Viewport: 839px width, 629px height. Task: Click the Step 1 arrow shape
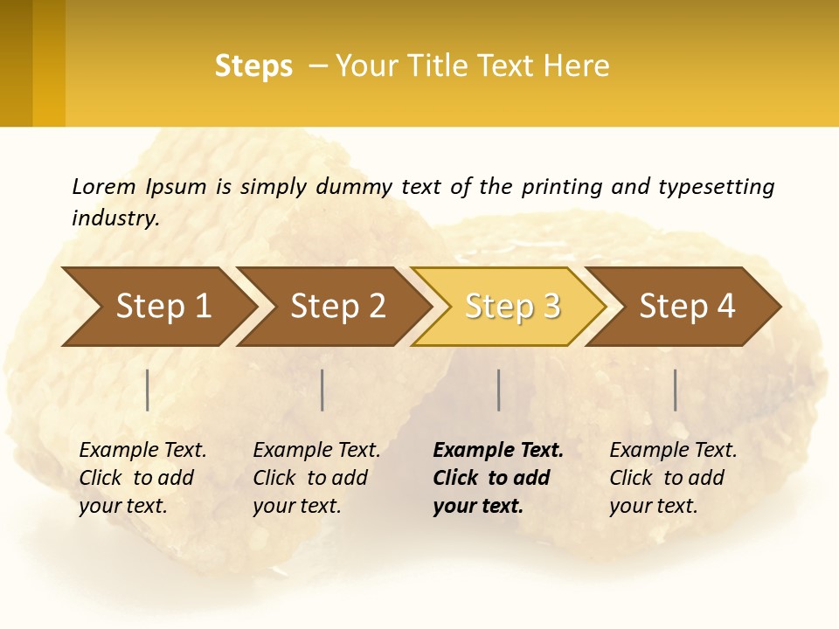[x=163, y=306]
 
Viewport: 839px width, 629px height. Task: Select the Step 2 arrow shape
[x=337, y=306]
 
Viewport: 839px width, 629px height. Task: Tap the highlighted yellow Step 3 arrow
[x=512, y=306]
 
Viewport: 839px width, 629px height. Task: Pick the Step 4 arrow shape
[x=687, y=306]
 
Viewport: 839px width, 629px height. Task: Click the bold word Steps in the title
[x=253, y=66]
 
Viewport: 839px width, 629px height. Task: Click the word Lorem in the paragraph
[x=104, y=186]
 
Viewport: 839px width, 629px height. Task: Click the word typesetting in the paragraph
[x=716, y=186]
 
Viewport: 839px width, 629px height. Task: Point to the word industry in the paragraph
[x=115, y=218]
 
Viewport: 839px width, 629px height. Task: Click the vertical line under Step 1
[x=148, y=390]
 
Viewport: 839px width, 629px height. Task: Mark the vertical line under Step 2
[x=322, y=390]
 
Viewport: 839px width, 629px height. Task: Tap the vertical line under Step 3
[x=498, y=390]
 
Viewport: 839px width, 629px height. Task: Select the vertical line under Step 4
[x=675, y=390]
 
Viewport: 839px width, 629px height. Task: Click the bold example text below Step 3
[x=497, y=478]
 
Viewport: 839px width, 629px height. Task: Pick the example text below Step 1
[x=142, y=478]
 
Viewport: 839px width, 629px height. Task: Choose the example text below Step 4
[x=673, y=478]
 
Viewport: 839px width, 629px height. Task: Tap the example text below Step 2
[x=316, y=478]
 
